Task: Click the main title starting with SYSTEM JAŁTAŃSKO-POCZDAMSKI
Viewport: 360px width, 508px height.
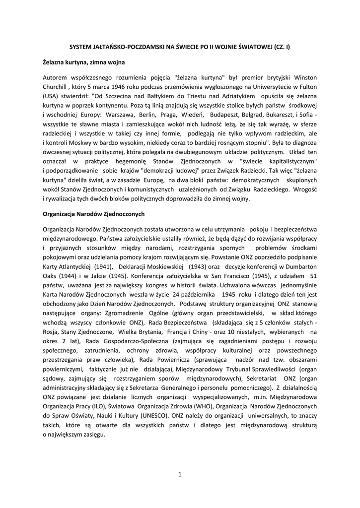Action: point(180,46)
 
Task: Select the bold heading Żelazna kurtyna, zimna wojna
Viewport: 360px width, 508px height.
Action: point(83,63)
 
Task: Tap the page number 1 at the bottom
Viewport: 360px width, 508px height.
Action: point(180,474)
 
